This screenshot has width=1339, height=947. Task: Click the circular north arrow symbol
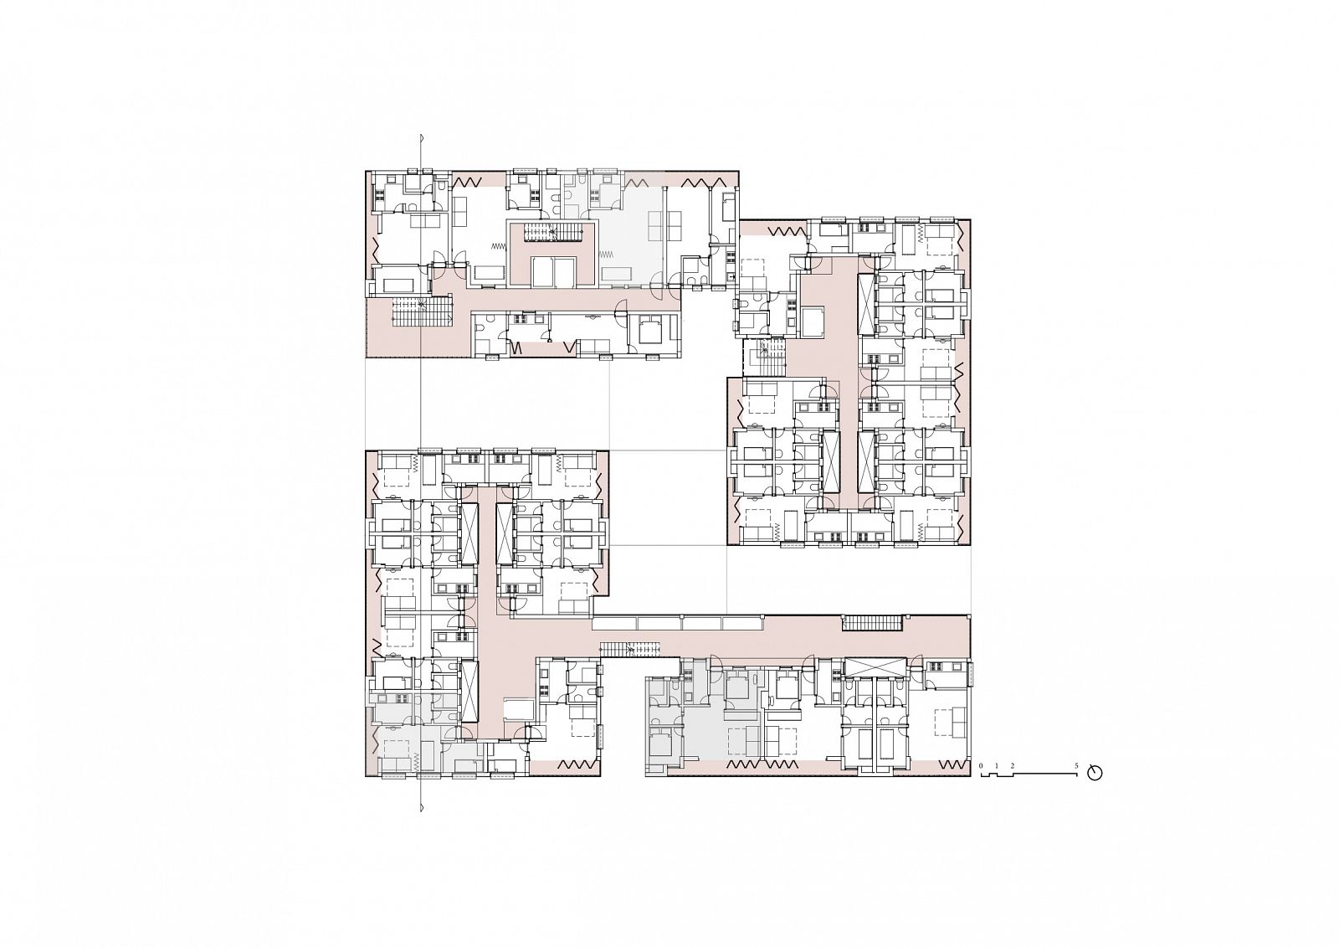tap(1095, 773)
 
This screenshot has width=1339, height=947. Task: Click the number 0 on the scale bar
tap(980, 766)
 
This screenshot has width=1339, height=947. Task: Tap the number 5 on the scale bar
tap(1076, 766)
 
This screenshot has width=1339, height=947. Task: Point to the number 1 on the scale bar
tap(997, 766)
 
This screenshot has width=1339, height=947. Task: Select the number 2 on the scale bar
tap(1012, 766)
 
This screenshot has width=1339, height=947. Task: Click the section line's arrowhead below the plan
tap(422, 808)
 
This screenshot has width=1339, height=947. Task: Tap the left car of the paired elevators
tap(543, 273)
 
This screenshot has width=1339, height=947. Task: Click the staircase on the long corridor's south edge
tap(629, 650)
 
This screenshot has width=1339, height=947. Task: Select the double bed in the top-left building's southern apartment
tap(649, 332)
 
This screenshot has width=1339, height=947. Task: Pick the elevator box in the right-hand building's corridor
tap(813, 321)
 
